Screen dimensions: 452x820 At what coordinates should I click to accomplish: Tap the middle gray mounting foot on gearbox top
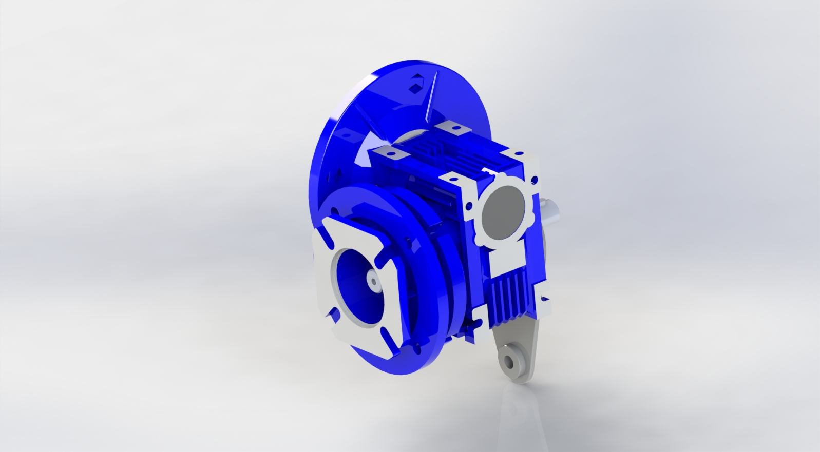[x=392, y=152]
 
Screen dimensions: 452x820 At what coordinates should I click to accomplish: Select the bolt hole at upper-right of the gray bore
[x=535, y=180]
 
